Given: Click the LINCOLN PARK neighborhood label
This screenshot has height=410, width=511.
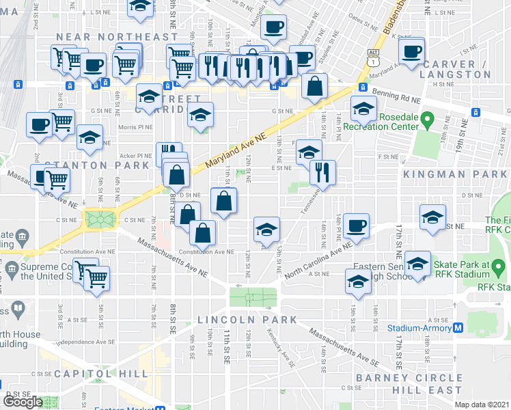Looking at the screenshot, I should (x=247, y=320).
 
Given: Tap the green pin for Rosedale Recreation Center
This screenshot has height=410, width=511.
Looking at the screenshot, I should (x=428, y=121).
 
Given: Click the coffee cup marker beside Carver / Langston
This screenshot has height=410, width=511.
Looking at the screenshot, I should (x=413, y=52).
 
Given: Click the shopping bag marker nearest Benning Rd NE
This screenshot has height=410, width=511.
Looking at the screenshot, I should (x=314, y=87).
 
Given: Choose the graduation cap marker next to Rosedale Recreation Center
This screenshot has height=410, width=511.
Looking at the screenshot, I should (x=363, y=107).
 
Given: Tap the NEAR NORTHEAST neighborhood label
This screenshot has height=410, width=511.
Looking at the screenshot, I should (x=117, y=36).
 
